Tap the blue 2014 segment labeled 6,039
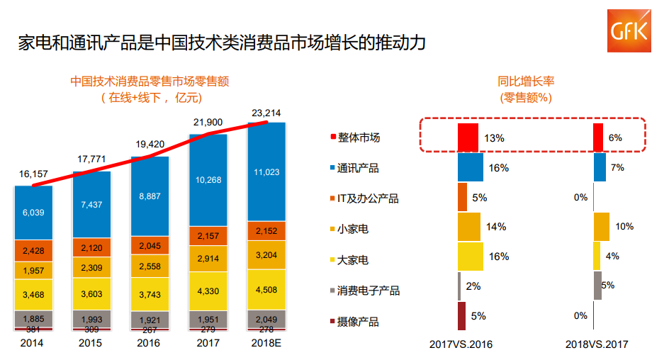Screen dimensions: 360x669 [34, 213]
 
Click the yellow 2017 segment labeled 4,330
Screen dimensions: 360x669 [208, 291]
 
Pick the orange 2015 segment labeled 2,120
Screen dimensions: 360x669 [91, 247]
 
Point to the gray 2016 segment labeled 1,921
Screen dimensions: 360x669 [150, 320]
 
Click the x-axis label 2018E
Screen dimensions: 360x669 [266, 344]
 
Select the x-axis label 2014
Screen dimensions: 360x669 [33, 344]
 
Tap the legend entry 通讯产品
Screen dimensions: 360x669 [358, 168]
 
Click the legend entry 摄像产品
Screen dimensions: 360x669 [358, 322]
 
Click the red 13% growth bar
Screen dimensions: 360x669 [468, 137]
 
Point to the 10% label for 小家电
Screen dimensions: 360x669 [624, 227]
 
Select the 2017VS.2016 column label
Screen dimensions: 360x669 [461, 345]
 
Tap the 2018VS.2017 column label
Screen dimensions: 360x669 [597, 345]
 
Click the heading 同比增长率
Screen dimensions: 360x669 [525, 81]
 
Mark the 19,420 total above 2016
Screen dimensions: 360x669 [150, 144]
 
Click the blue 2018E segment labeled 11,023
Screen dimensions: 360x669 [266, 172]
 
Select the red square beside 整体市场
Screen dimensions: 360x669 [333, 137]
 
